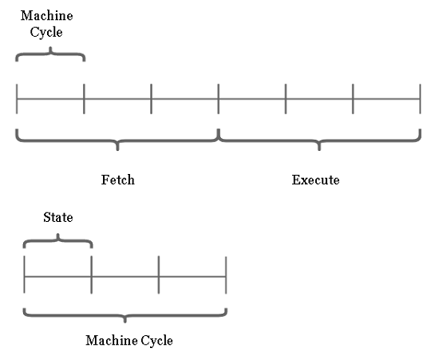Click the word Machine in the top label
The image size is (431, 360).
coord(47,16)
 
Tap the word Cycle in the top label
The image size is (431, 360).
coord(46,32)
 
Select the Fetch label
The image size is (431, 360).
coord(118,180)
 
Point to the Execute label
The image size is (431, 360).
coord(315,180)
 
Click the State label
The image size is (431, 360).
coord(58,217)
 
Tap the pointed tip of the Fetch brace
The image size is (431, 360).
coord(117,150)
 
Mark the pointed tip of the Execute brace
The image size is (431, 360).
coord(319,150)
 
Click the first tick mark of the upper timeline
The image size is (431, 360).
coord(17,99)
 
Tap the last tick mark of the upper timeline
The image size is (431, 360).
coord(420,99)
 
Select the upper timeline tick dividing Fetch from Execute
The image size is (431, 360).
coord(219,99)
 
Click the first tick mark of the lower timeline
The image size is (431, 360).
coord(24,275)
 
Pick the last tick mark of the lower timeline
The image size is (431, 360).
coord(226,275)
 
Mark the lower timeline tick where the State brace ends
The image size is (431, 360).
coord(92,275)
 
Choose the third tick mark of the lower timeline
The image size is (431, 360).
coord(159,275)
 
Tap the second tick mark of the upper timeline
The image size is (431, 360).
coord(84,99)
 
